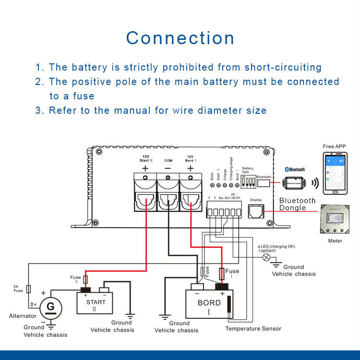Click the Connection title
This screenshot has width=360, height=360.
tap(180, 38)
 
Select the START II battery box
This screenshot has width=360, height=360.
tap(96, 303)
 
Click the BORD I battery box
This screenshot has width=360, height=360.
tap(209, 303)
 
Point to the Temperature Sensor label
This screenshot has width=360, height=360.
tap(253, 329)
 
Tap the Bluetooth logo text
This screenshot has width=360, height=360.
tap(296, 169)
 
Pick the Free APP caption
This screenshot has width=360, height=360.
tap(335, 146)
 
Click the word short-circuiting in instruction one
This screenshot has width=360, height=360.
tap(283, 67)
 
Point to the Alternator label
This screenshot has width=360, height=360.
tap(23, 316)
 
